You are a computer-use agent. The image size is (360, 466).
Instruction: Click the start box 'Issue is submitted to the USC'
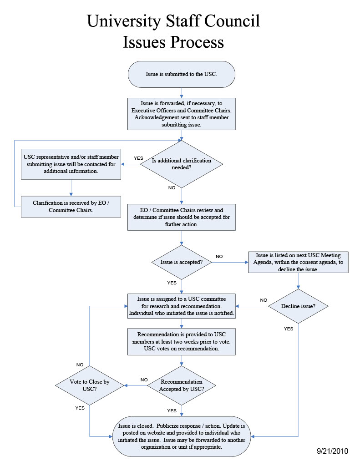pyautogui.click(x=182, y=74)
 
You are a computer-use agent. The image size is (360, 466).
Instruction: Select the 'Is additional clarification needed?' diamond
pyautogui.click(x=182, y=164)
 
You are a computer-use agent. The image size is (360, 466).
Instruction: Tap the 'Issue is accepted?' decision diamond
pyautogui.click(x=182, y=263)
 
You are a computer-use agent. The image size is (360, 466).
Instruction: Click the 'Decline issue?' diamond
pyautogui.click(x=298, y=306)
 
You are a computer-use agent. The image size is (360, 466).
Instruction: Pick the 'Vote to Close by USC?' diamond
pyautogui.click(x=90, y=386)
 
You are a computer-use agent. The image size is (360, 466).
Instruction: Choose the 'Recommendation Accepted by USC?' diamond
pyautogui.click(x=182, y=385)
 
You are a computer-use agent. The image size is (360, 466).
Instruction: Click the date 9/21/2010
pyautogui.click(x=332, y=451)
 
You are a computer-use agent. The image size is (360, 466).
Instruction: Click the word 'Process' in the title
pyautogui.click(x=197, y=42)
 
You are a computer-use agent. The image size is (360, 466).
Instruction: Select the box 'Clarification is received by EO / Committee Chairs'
pyautogui.click(x=71, y=207)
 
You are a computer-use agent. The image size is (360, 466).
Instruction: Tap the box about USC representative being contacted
pyautogui.click(x=71, y=164)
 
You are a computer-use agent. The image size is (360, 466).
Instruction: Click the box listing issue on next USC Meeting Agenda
pyautogui.click(x=298, y=262)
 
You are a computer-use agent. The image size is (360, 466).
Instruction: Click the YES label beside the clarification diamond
pyautogui.click(x=138, y=158)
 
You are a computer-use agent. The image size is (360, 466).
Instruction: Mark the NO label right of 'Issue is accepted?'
pyautogui.click(x=219, y=257)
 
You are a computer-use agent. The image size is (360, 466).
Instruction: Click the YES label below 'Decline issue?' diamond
pyautogui.click(x=289, y=329)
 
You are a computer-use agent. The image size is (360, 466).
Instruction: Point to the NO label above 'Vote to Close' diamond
pyautogui.click(x=80, y=365)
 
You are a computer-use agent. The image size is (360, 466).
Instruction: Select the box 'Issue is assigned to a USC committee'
pyautogui.click(x=182, y=306)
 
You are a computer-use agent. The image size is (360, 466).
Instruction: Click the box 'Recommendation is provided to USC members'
pyautogui.click(x=182, y=342)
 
